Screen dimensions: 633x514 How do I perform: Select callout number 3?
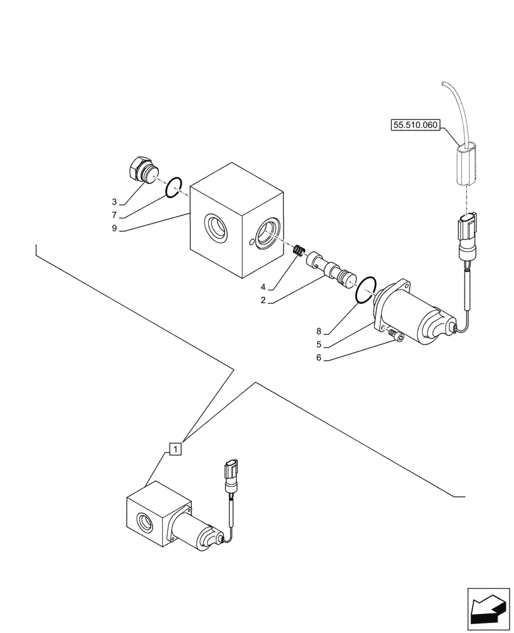click(x=115, y=202)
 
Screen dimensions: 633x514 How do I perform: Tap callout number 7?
click(x=115, y=215)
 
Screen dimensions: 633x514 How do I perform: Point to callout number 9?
click(x=115, y=229)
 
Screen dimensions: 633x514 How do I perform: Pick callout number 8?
click(x=318, y=331)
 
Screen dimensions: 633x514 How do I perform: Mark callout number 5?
click(x=318, y=344)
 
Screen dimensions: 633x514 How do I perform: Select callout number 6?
click(x=318, y=358)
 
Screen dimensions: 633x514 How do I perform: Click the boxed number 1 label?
click(x=176, y=448)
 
